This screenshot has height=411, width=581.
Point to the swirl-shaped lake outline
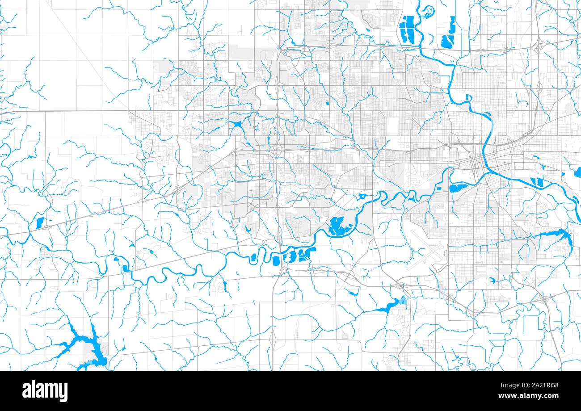click(x=428, y=9)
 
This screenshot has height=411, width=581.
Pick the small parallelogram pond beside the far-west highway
click(x=39, y=222)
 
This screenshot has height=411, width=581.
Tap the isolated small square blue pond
click(x=327, y=104)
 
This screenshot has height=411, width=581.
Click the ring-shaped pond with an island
click(x=362, y=196)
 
